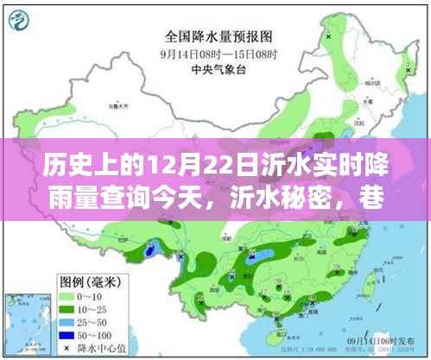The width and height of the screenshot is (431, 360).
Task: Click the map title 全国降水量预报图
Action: (x=217, y=36)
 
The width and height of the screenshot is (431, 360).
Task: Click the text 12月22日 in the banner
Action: (x=173, y=161)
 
